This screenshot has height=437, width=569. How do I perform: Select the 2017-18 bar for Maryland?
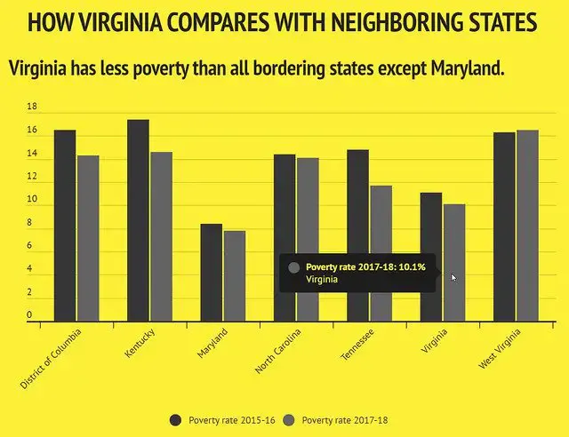(235, 275)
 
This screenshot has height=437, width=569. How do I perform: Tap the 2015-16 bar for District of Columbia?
(65, 226)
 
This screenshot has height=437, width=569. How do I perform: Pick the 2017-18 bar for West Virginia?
(527, 226)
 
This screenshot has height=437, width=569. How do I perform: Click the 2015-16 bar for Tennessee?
(357, 235)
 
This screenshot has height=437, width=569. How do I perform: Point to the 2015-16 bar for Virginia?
(431, 257)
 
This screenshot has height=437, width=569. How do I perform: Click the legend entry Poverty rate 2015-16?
(222, 419)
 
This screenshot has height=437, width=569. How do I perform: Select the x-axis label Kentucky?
(140, 343)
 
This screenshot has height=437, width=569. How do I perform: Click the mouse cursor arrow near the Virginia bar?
(453, 278)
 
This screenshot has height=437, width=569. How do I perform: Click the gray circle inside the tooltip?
(294, 266)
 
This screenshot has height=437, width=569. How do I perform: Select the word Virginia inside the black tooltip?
(322, 279)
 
